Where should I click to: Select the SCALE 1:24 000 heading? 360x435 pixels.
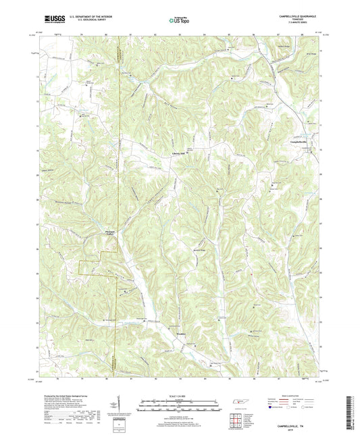pyautogui.click(x=179, y=396)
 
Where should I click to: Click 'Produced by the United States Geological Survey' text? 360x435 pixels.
pyautogui.click(x=68, y=396)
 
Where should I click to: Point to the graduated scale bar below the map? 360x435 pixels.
pyautogui.click(x=179, y=407)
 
